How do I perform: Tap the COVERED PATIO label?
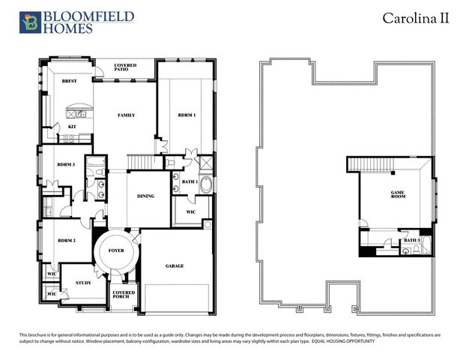tap(125, 68)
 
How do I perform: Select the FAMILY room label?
tap(125, 115)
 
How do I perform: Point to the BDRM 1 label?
tap(187, 115)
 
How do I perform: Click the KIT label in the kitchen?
tap(72, 127)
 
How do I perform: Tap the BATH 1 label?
tap(190, 181)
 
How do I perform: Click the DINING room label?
tap(145, 196)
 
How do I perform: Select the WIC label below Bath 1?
tap(190, 211)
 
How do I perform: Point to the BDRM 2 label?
tap(66, 241)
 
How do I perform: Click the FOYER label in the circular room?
tap(117, 251)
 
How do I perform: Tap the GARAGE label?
tap(175, 265)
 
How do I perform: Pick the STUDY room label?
tap(83, 282)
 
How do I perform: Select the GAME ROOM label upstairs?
tap(397, 195)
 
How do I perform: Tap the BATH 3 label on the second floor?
tap(411, 240)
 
